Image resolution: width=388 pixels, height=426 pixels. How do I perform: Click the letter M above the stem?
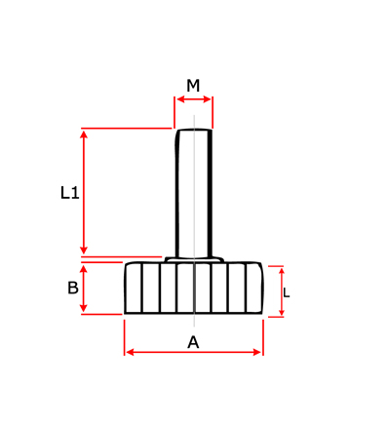click(x=193, y=86)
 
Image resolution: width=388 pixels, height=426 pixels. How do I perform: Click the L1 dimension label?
click(x=70, y=193)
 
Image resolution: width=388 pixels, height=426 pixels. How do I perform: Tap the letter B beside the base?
click(x=73, y=288)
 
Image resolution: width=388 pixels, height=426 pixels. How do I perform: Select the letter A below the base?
click(x=193, y=342)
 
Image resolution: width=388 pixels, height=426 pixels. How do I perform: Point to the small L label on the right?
click(x=286, y=292)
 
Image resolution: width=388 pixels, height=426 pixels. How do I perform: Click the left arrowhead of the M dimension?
click(x=180, y=99)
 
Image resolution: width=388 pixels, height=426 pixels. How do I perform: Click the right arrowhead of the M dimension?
click(x=207, y=99)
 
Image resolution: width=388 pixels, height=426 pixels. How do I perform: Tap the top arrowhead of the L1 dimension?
click(x=84, y=135)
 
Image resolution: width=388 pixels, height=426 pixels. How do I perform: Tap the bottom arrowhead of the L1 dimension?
click(x=84, y=250)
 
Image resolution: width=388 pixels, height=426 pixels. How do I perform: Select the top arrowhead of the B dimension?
click(x=84, y=269)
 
